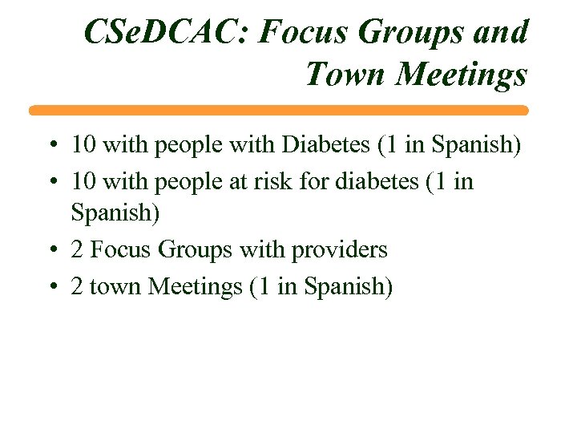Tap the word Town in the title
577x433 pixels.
tap(346, 75)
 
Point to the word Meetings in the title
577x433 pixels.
tap(462, 75)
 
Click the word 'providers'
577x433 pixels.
tap(339, 250)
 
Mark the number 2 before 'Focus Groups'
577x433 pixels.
tap(77, 250)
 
